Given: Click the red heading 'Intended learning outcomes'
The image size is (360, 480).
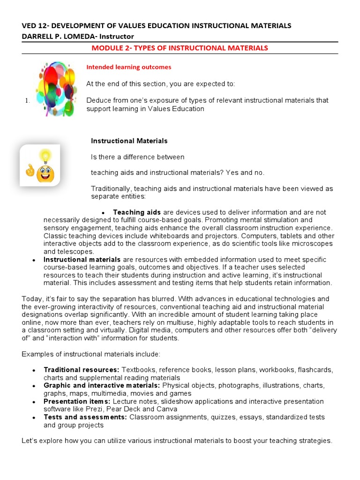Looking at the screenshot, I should [128, 67].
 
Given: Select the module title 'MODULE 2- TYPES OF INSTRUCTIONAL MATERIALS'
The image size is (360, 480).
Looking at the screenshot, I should [180, 48].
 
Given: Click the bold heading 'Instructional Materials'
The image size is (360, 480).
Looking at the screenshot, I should [129, 141].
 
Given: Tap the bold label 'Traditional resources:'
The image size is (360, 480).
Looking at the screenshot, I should [82, 370].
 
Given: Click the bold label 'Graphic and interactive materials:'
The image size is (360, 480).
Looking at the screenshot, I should [102, 385].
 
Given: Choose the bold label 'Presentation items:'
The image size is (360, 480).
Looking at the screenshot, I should [77, 401].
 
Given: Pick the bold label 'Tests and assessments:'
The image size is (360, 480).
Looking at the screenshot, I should [85, 417].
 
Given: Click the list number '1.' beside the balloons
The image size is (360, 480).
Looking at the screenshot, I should [27, 100].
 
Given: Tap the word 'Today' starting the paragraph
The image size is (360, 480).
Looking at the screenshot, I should [31, 299].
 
